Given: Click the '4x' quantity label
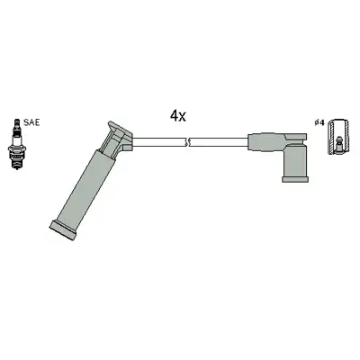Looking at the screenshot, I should pyautogui.click(x=177, y=115).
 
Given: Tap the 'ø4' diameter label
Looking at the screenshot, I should pyautogui.click(x=319, y=122).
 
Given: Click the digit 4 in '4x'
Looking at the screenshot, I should pyautogui.click(x=173, y=115).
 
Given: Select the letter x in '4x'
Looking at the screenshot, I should pyautogui.click(x=183, y=117).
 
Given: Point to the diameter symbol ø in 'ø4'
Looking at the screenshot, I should pyautogui.click(x=315, y=122).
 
